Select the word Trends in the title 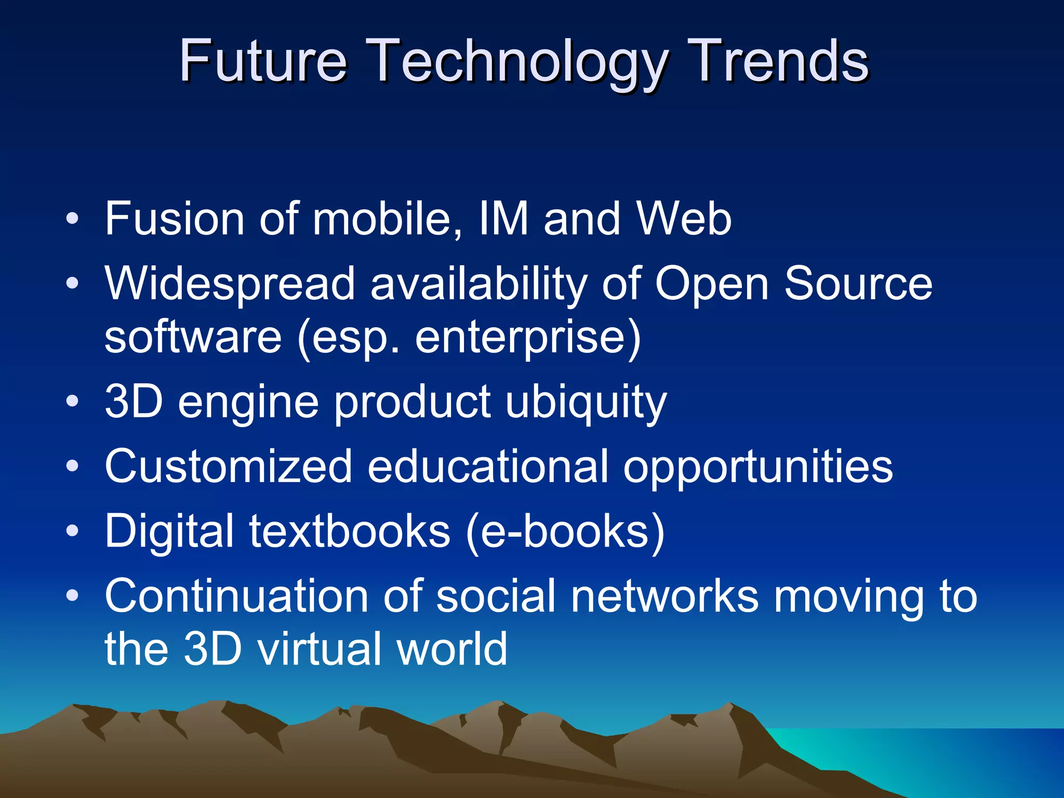coord(779,61)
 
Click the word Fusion coord(175,219)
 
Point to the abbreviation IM coord(503,219)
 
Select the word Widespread coord(230,284)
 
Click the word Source coord(858,284)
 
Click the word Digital coord(169,531)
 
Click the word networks coord(664,596)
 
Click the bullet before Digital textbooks coord(73,531)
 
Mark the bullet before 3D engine coord(73,402)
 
